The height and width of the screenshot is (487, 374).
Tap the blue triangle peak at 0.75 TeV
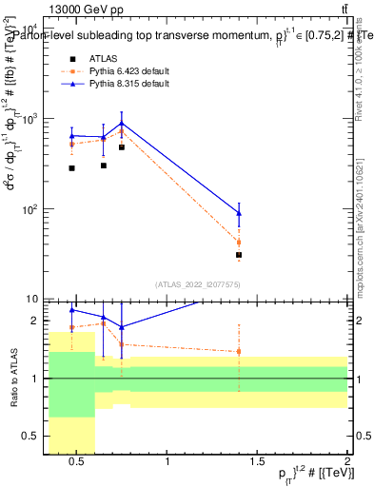click(x=122, y=124)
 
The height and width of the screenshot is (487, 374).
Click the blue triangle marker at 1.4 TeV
click(x=239, y=213)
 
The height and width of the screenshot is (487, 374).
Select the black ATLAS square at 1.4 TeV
click(x=239, y=255)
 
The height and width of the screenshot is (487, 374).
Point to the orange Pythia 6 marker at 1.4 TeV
click(x=239, y=243)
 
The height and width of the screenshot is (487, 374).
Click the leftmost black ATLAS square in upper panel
click(x=72, y=168)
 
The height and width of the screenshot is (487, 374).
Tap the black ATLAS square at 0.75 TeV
click(x=122, y=147)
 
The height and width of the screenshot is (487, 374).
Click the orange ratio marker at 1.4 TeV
click(x=239, y=351)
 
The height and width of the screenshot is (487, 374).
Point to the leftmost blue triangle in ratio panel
click(x=72, y=310)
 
